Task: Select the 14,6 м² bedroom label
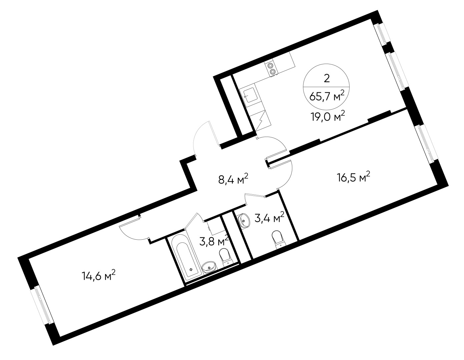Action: (99, 276)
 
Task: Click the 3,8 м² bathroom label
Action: (213, 241)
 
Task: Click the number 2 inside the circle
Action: (327, 78)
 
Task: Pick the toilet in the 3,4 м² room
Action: (279, 239)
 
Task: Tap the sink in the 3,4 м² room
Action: (245, 220)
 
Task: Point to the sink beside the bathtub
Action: (209, 267)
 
